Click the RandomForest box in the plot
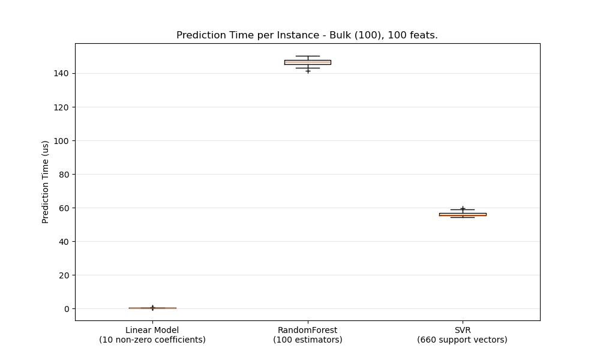pos(307,62)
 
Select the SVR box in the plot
pos(463,214)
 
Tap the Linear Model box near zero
pos(152,308)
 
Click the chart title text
pos(307,35)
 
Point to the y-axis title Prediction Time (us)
pos(46,182)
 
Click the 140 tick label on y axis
pos(61,73)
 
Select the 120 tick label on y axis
pos(61,107)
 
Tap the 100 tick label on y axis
pos(61,140)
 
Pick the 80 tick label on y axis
pos(64,174)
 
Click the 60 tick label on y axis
pos(64,208)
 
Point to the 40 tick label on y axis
pos(64,241)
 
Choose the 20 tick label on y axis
pos(64,275)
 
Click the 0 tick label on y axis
pos(66,308)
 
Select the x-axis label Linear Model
pos(152,330)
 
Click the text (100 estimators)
pos(307,340)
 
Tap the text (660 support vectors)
pos(463,340)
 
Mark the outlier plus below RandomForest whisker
pos(308,71)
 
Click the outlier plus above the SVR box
pos(463,208)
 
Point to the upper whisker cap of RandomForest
pos(307,56)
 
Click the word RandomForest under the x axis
pos(307,330)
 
